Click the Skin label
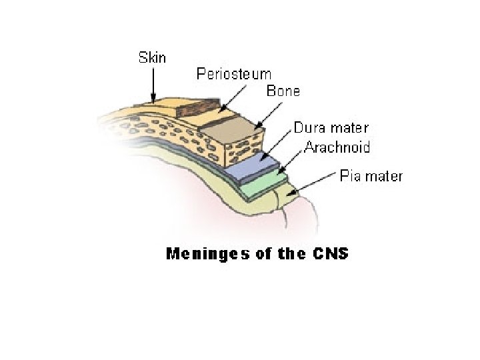(x=152, y=57)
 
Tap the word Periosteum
(x=233, y=74)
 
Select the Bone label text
(x=283, y=91)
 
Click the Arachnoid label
(x=337, y=147)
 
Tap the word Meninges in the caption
(x=199, y=253)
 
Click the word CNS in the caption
(x=330, y=253)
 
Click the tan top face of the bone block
(x=227, y=123)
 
